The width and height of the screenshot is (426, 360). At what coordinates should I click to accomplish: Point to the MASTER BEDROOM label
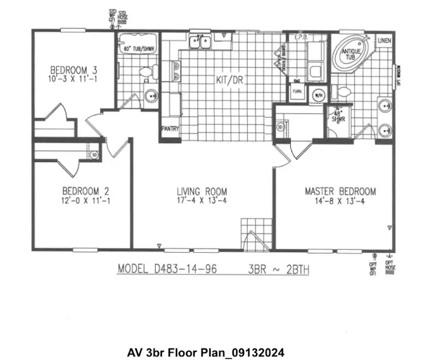coord(340,191)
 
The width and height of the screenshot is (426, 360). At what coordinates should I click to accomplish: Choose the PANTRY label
coord(170,129)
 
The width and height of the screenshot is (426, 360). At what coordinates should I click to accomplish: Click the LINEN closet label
coord(383,41)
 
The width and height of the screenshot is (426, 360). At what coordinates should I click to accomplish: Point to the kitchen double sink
coord(199,42)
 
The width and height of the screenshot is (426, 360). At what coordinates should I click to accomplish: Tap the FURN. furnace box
coord(298,92)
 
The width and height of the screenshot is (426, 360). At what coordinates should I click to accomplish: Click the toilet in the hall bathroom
coord(145,73)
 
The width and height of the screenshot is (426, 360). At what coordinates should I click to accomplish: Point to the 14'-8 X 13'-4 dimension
coord(340,201)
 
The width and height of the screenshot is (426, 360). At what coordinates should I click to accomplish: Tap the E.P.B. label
coord(300,37)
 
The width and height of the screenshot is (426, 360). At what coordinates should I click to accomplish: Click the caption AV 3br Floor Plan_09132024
coord(206,353)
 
